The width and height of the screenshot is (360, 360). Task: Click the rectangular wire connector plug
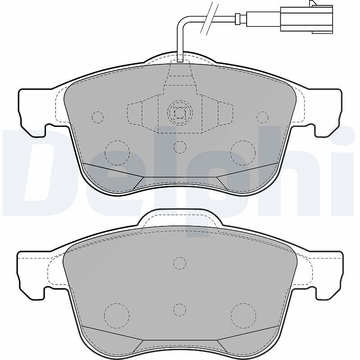[x=306, y=18]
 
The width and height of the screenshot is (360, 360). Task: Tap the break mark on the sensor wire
[x=209, y=18]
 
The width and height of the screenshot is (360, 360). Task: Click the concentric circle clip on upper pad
[x=180, y=113]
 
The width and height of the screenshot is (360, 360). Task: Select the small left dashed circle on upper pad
[x=98, y=117]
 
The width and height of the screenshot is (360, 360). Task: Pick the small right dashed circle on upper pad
[x=262, y=117]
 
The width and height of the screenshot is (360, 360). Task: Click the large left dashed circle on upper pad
[x=117, y=153]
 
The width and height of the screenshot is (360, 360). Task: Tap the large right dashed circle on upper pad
[x=243, y=153]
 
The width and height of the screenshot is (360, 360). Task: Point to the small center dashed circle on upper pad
[x=180, y=147]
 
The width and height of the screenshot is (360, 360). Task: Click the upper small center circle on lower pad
[x=180, y=263]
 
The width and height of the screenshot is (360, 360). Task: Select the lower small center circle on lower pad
[x=180, y=310]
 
